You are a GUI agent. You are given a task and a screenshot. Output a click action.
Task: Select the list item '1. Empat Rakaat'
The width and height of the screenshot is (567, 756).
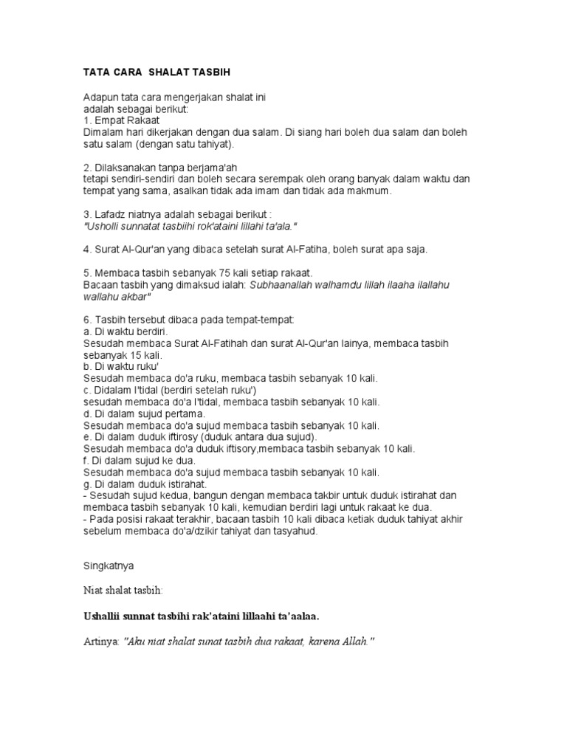coord(120,120)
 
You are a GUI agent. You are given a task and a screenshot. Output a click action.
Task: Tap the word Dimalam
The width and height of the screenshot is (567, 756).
coord(104,131)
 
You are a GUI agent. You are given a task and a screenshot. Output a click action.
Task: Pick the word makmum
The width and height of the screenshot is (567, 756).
coord(371,190)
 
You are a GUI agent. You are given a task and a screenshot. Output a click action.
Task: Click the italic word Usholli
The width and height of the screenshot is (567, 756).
coord(103,226)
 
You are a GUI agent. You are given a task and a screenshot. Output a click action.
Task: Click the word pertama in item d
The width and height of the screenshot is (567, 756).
coord(183,413)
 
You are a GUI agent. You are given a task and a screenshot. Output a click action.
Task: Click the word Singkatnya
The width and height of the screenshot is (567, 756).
coord(108,566)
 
